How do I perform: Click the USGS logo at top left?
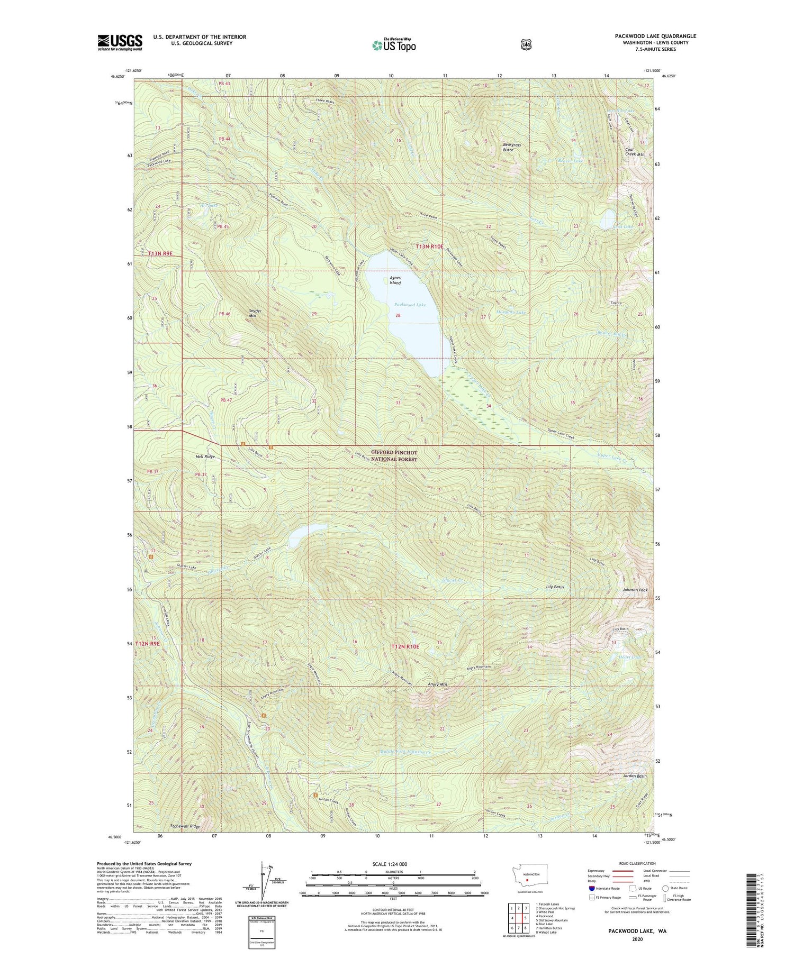pyautogui.click(x=120, y=42)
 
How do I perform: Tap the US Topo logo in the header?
pyautogui.click(x=394, y=45)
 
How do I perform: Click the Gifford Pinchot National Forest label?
pyautogui.click(x=394, y=456)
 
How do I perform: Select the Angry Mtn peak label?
pyautogui.click(x=437, y=684)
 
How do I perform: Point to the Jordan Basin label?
pyautogui.click(x=635, y=776)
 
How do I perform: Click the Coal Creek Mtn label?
pyautogui.click(x=634, y=152)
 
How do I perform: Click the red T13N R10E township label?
pyautogui.click(x=429, y=246)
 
